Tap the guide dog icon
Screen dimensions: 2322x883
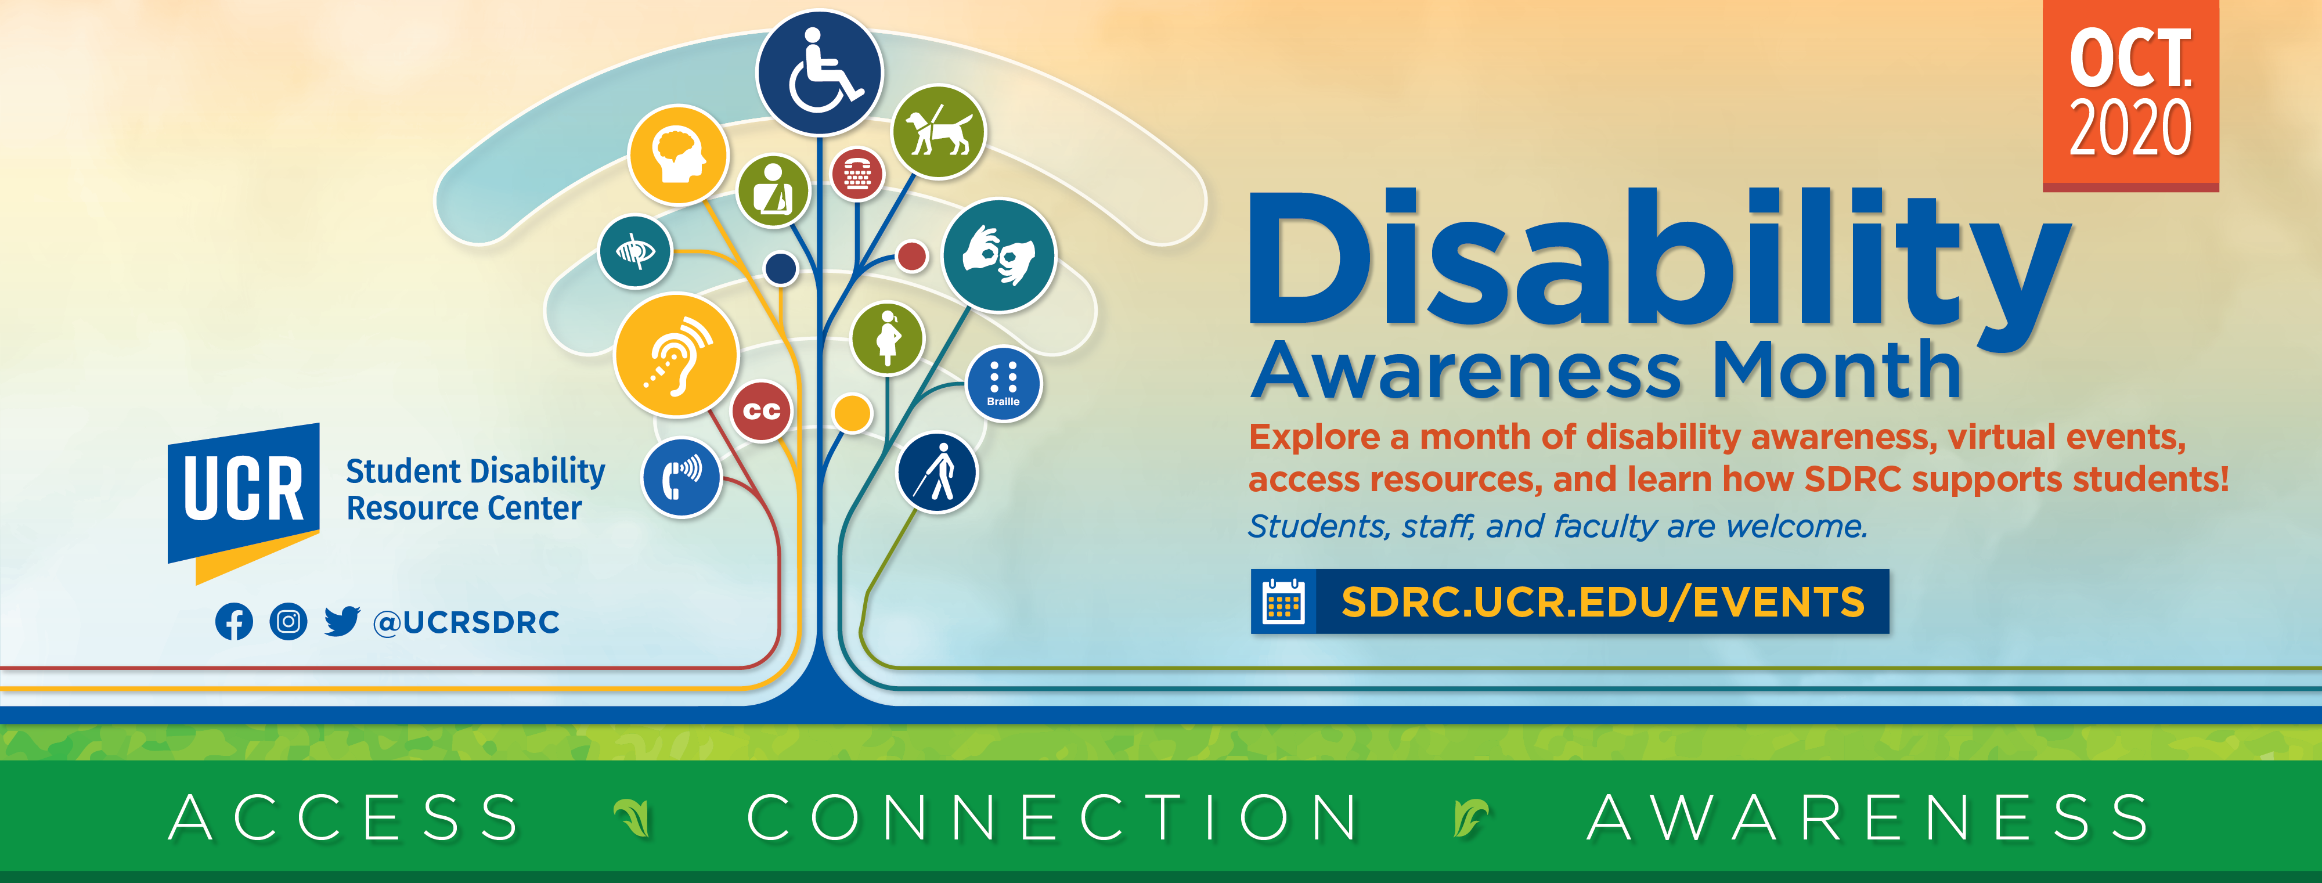tap(938, 132)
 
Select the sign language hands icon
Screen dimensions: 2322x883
tap(998, 256)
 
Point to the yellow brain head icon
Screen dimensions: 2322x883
tap(678, 155)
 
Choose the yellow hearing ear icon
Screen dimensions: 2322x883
tap(676, 355)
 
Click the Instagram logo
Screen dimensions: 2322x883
tap(289, 622)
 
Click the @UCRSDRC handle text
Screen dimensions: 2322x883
tap(466, 622)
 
